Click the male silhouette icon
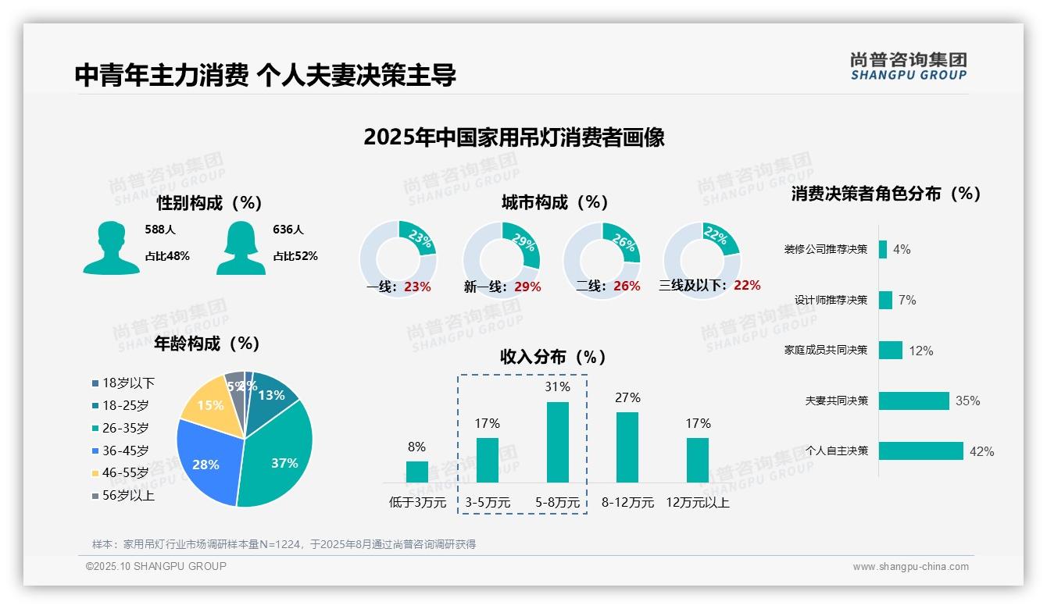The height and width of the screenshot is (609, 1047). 112,248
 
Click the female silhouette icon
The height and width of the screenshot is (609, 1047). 241,248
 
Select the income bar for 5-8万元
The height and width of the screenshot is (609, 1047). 557,442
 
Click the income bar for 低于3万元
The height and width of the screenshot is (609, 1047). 416,472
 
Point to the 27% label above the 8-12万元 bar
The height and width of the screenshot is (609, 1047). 627,398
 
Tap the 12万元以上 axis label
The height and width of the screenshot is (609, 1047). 697,503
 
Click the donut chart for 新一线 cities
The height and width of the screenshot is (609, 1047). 502,260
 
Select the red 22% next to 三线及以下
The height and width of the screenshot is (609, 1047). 747,285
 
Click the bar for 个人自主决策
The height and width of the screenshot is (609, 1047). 920,451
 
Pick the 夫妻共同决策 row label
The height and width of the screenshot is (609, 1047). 836,401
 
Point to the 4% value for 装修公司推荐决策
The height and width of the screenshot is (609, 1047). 902,250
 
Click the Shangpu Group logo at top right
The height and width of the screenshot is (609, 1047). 908,66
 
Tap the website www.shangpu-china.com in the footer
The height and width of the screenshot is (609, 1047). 910,567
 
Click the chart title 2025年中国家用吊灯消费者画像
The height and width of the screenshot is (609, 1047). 513,137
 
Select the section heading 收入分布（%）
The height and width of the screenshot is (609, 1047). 553,357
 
